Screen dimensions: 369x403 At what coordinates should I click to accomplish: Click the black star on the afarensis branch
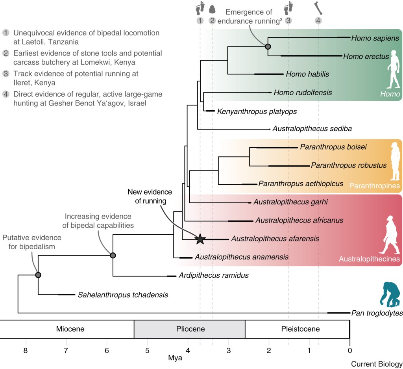(x=200, y=239)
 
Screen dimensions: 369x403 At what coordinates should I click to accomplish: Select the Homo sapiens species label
(x=375, y=38)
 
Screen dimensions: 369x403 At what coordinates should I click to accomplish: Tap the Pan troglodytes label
(x=377, y=313)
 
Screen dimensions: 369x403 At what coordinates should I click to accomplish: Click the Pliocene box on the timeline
(x=189, y=329)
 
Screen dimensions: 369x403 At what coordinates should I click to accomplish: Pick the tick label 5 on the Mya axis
(x=147, y=350)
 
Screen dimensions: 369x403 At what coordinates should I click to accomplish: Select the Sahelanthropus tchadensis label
(x=123, y=295)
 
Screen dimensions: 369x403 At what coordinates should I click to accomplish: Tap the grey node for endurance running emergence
(x=268, y=47)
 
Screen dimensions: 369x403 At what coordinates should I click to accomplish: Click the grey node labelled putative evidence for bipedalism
(x=38, y=275)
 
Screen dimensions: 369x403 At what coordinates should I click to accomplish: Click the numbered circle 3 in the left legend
(x=6, y=73)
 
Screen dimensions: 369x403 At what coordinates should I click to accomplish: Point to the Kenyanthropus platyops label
(x=257, y=111)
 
